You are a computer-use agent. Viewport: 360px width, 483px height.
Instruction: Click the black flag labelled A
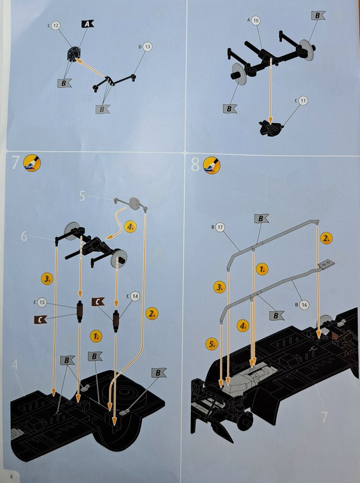[x=88, y=24]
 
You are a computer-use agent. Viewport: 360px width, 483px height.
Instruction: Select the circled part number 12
[x=56, y=25]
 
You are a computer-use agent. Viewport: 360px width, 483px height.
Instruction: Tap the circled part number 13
[x=147, y=47]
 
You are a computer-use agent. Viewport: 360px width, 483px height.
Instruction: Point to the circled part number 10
[x=256, y=21]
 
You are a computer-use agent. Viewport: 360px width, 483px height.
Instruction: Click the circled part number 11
[x=303, y=101]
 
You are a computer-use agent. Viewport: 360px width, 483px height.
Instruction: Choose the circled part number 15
[x=42, y=302]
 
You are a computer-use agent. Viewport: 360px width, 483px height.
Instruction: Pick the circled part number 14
[x=135, y=296]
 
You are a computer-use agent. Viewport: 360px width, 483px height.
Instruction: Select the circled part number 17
[x=220, y=228]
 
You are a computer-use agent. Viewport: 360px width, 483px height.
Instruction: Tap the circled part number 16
[x=304, y=305]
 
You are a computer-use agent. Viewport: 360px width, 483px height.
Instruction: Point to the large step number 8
[x=195, y=164]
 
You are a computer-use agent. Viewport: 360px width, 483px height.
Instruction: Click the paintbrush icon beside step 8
[x=212, y=165]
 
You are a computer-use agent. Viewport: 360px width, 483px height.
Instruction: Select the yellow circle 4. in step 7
[x=130, y=227]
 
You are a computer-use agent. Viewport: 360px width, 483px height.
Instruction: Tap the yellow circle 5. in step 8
[x=212, y=344]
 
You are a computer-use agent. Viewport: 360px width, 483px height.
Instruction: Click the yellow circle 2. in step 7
[x=152, y=313]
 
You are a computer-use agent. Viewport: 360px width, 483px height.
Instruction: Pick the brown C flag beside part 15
[x=40, y=319]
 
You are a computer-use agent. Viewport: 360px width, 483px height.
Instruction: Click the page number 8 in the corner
[x=11, y=476]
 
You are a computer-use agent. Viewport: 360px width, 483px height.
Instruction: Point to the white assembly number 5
[x=82, y=196]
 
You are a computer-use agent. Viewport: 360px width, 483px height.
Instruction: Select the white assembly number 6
[x=24, y=236]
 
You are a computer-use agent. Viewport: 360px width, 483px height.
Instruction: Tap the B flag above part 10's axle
[x=318, y=16]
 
